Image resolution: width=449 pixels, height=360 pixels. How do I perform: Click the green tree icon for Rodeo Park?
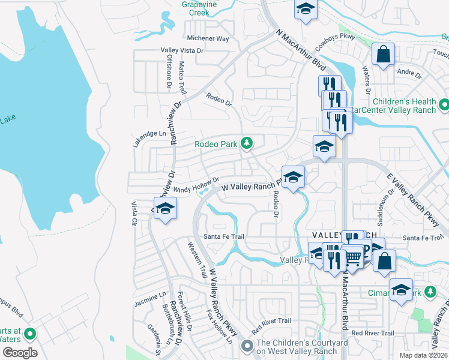pos(246,143)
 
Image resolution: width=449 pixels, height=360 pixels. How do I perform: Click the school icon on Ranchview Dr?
pos(165,208)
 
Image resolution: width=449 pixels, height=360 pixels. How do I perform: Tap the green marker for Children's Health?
pos(444,105)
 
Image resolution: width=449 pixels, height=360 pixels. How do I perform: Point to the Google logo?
pos(19,353)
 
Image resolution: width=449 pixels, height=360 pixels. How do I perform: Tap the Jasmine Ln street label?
pos(150,296)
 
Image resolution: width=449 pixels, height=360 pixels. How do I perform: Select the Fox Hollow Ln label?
pos(219,326)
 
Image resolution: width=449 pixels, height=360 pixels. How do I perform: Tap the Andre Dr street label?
pos(410,75)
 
